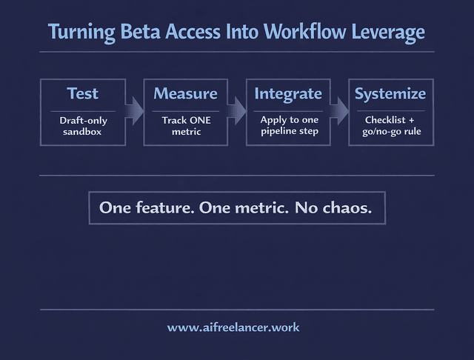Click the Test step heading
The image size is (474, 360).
82,93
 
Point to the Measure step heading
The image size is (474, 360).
185,93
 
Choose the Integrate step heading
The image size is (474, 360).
288,93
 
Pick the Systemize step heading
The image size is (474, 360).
390,93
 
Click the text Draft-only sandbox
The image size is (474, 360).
83,126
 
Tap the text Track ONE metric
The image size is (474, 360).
186,126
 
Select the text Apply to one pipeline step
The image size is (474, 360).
289,125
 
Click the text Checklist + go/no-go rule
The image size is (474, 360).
390,126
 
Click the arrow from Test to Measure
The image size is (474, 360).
134,112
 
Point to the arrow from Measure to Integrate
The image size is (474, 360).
236,112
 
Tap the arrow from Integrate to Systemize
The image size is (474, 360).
338,112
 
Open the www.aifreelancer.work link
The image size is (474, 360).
233,327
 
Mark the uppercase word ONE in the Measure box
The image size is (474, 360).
199,120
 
